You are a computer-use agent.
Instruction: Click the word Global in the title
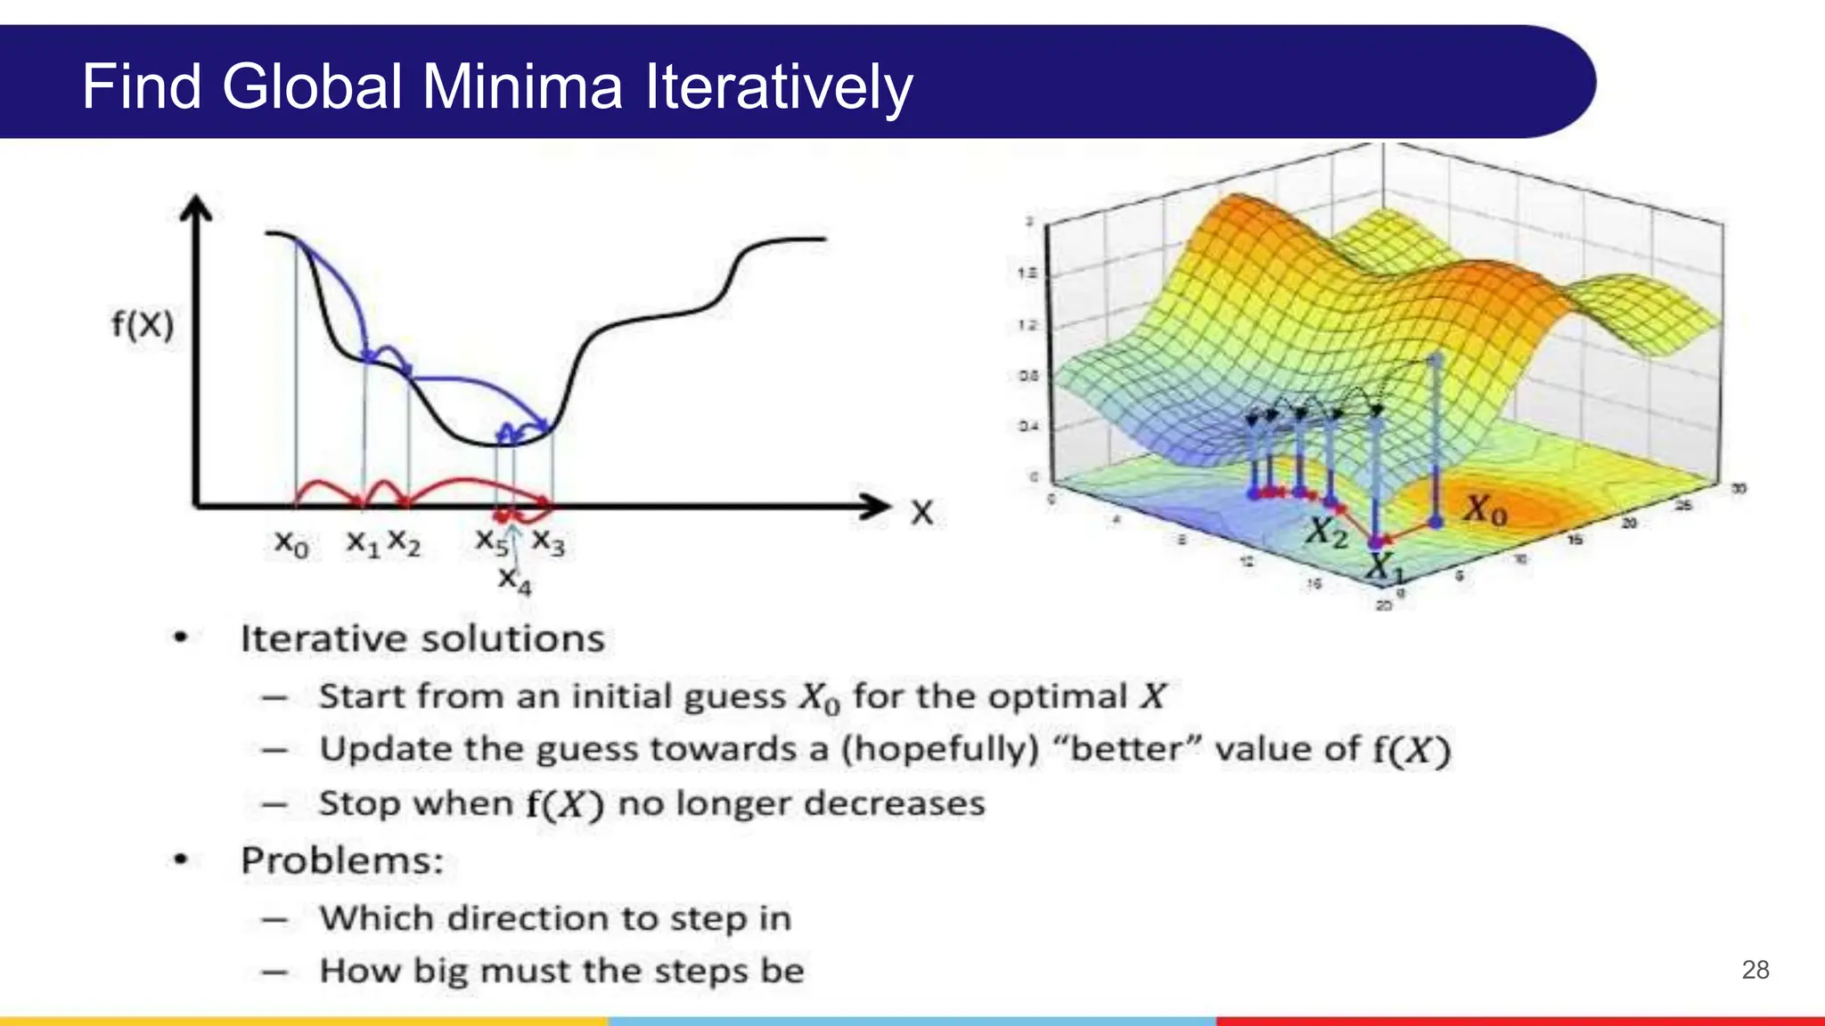tap(312, 87)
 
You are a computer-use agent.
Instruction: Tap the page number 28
tap(1755, 970)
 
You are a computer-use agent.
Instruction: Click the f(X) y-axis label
tap(143, 324)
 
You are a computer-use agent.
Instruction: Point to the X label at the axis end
tap(922, 513)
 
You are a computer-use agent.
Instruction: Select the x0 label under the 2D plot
tap(291, 542)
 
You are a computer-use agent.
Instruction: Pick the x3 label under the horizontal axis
tap(548, 542)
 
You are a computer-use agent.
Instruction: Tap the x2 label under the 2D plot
tap(404, 542)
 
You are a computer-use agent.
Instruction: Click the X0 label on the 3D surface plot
tap(1485, 510)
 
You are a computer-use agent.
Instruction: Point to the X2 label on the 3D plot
tap(1328, 533)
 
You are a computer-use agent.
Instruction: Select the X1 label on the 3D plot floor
tap(1382, 566)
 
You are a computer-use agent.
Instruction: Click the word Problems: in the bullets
tap(342, 860)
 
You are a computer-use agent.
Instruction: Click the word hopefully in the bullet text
tap(940, 749)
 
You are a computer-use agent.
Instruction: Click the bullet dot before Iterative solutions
tap(181, 638)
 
